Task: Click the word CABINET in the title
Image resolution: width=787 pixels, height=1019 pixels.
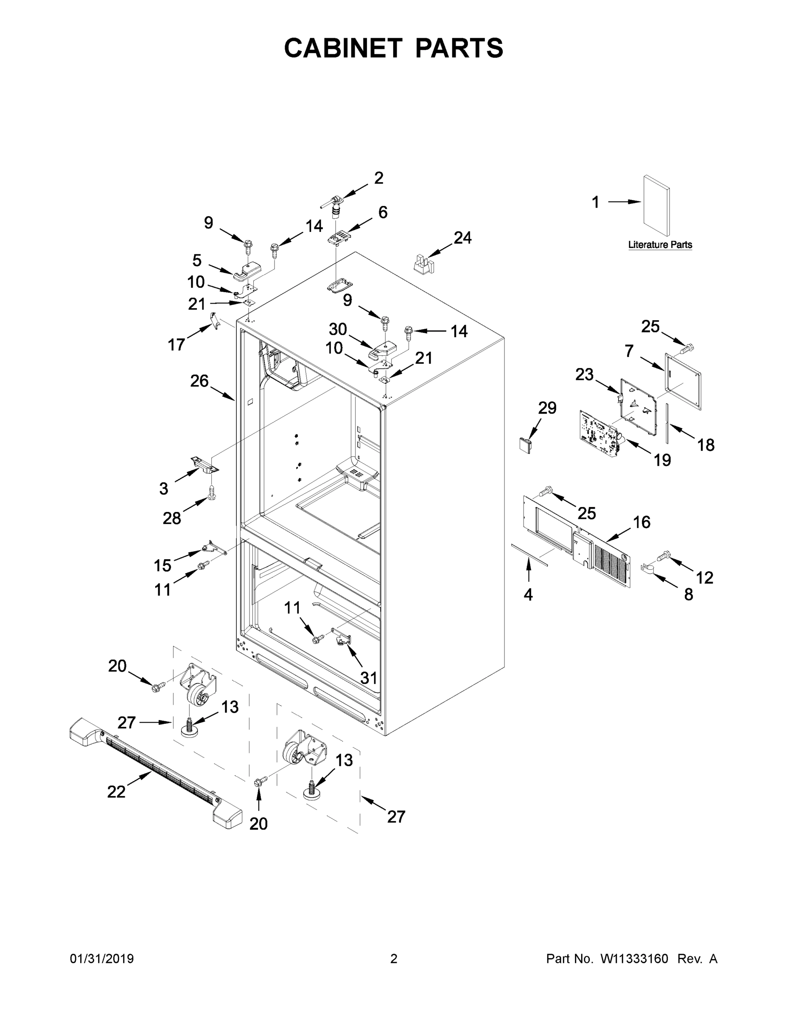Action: coord(343,48)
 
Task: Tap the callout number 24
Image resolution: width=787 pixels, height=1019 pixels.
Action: coord(462,238)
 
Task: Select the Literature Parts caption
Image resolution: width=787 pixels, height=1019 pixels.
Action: coord(660,245)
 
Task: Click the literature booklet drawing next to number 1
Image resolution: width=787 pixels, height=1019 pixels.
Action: coord(657,206)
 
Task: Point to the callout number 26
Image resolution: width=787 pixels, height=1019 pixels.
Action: coord(199,381)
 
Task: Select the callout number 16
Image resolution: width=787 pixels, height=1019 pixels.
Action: coord(641,522)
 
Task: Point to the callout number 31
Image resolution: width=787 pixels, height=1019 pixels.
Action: coord(368,678)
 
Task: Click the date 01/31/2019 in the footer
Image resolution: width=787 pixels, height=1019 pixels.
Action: coord(102,958)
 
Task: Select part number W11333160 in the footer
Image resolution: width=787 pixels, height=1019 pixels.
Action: coord(634,958)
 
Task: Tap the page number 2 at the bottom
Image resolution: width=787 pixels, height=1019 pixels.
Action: coord(394,958)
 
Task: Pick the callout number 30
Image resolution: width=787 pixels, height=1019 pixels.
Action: coord(338,329)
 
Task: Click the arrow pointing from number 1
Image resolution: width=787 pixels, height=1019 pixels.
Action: coord(624,202)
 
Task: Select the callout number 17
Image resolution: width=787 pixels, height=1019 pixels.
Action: coord(176,345)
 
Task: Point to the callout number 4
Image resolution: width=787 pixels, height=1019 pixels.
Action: coord(528,594)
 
